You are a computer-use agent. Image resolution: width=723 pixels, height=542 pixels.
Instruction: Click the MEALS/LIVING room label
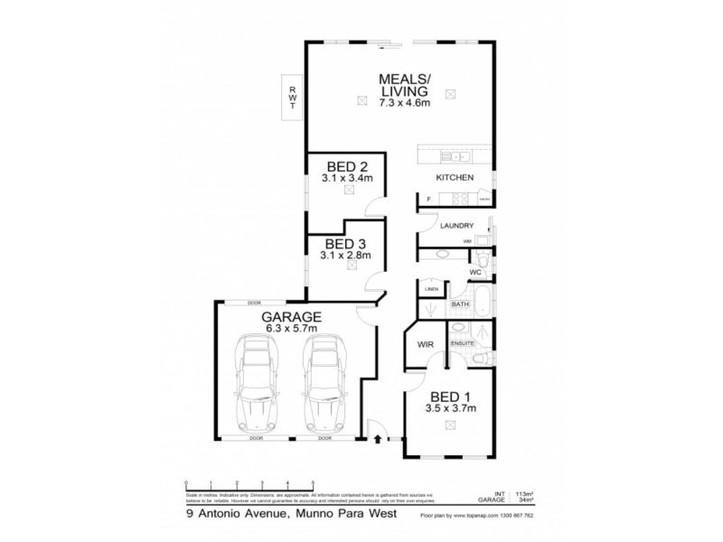pyautogui.click(x=404, y=84)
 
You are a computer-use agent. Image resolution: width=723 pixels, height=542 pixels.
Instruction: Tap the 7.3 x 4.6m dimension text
pyautogui.click(x=404, y=104)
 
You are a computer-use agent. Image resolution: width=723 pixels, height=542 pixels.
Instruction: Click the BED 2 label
pyautogui.click(x=347, y=166)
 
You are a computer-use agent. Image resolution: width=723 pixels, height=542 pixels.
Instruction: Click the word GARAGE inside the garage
pyautogui.click(x=292, y=317)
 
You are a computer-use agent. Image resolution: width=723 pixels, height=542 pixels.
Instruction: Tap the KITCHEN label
pyautogui.click(x=455, y=178)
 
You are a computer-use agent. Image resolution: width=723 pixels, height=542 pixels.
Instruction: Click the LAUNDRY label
pyautogui.click(x=457, y=226)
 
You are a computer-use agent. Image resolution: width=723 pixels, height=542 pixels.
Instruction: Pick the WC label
pyautogui.click(x=474, y=272)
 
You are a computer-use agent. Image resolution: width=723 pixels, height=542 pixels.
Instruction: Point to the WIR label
pyautogui.click(x=425, y=344)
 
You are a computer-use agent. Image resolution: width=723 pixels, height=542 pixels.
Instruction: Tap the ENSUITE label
pyautogui.click(x=463, y=344)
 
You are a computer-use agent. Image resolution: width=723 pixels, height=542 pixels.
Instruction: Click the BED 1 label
pyautogui.click(x=450, y=397)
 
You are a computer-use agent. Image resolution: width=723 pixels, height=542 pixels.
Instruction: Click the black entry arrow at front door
pyautogui.click(x=376, y=440)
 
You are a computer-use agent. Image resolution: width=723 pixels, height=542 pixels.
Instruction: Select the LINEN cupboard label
pyautogui.click(x=431, y=289)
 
